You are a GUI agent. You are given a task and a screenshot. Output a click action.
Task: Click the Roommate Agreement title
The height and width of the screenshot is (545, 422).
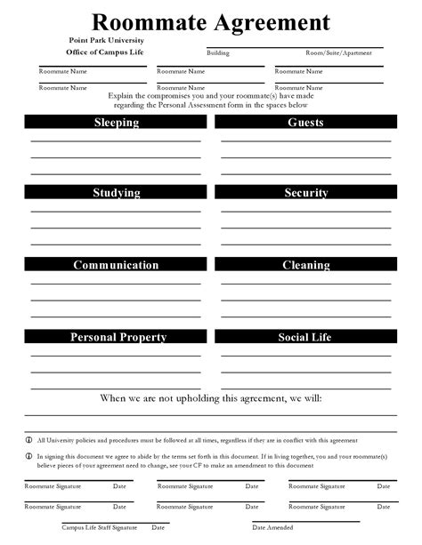(x=211, y=21)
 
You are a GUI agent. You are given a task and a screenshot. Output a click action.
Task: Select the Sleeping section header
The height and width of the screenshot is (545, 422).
(x=117, y=123)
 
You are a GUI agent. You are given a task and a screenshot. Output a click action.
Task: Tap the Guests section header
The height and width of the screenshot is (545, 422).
(x=305, y=123)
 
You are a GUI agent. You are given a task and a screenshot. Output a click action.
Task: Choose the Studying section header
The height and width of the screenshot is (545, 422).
(x=117, y=193)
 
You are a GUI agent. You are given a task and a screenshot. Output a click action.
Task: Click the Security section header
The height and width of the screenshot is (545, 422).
(x=305, y=193)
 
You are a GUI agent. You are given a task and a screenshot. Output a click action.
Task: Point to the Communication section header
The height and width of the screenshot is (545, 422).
(x=117, y=265)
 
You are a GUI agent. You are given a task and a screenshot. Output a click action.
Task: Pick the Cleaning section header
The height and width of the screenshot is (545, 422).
(x=305, y=265)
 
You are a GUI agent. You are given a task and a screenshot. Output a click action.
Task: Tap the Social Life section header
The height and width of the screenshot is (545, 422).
(x=305, y=337)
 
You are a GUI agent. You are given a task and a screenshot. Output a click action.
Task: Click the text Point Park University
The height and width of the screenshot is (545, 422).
(x=106, y=41)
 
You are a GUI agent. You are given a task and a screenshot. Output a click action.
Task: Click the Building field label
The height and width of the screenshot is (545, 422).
(x=218, y=53)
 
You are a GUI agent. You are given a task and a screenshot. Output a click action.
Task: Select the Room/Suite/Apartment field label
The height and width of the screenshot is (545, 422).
(x=338, y=53)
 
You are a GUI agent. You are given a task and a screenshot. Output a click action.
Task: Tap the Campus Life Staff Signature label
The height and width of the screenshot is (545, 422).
(x=99, y=527)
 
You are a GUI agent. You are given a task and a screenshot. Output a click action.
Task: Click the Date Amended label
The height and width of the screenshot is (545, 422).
(x=272, y=527)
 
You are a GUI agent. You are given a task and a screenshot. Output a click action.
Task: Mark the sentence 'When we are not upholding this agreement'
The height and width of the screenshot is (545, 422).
(x=211, y=398)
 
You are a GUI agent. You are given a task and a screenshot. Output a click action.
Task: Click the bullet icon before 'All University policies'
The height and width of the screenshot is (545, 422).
(x=28, y=440)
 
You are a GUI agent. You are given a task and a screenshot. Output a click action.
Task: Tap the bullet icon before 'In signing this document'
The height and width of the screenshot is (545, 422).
(x=28, y=455)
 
